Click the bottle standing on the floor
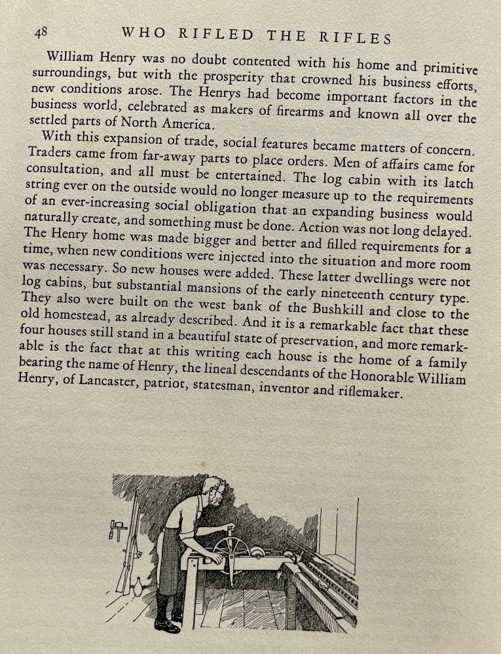click(x=138, y=587)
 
